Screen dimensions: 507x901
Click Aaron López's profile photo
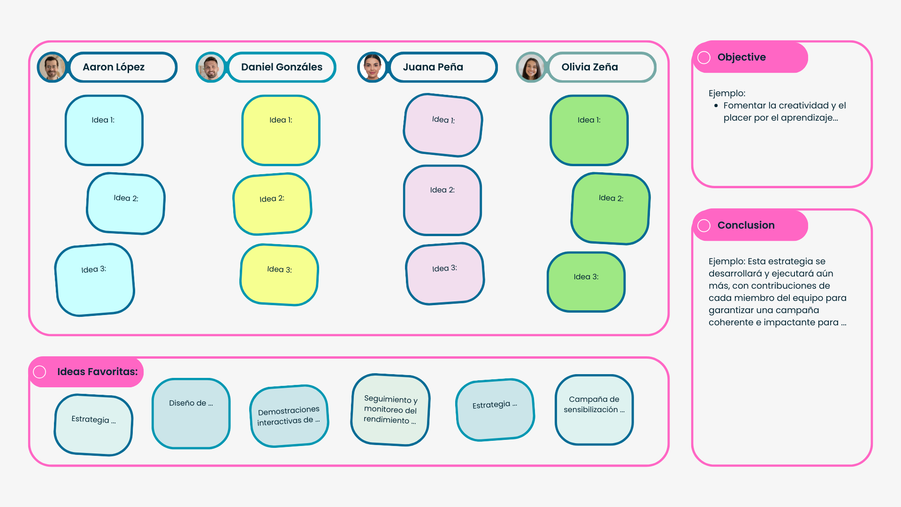pyautogui.click(x=52, y=67)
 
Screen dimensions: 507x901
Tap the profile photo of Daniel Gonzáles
pyautogui.click(x=211, y=67)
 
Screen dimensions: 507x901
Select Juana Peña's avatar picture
pyautogui.click(x=372, y=67)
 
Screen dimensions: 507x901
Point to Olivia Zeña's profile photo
pyautogui.click(x=531, y=67)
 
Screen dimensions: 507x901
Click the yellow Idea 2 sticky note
pyautogui.click(x=272, y=204)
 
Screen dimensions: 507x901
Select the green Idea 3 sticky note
pyautogui.click(x=586, y=282)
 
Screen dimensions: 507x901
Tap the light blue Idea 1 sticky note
pyautogui.click(x=104, y=131)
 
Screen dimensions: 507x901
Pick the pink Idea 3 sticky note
pyautogui.click(x=445, y=274)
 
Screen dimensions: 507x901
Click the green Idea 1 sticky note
pyautogui.click(x=589, y=131)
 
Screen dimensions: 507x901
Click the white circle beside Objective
pyautogui.click(x=704, y=57)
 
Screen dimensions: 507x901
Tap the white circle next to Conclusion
pyautogui.click(x=704, y=225)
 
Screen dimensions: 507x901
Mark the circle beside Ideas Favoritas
pyautogui.click(x=39, y=372)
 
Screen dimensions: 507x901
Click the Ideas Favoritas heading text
pyautogui.click(x=98, y=372)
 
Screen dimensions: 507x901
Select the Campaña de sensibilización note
pyautogui.click(x=594, y=410)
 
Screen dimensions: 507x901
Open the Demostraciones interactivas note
pyautogui.click(x=289, y=416)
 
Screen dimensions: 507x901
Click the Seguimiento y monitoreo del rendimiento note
pyautogui.click(x=390, y=410)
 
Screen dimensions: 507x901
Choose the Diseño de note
pyautogui.click(x=191, y=414)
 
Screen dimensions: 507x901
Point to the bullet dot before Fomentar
pyautogui.click(x=716, y=106)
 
